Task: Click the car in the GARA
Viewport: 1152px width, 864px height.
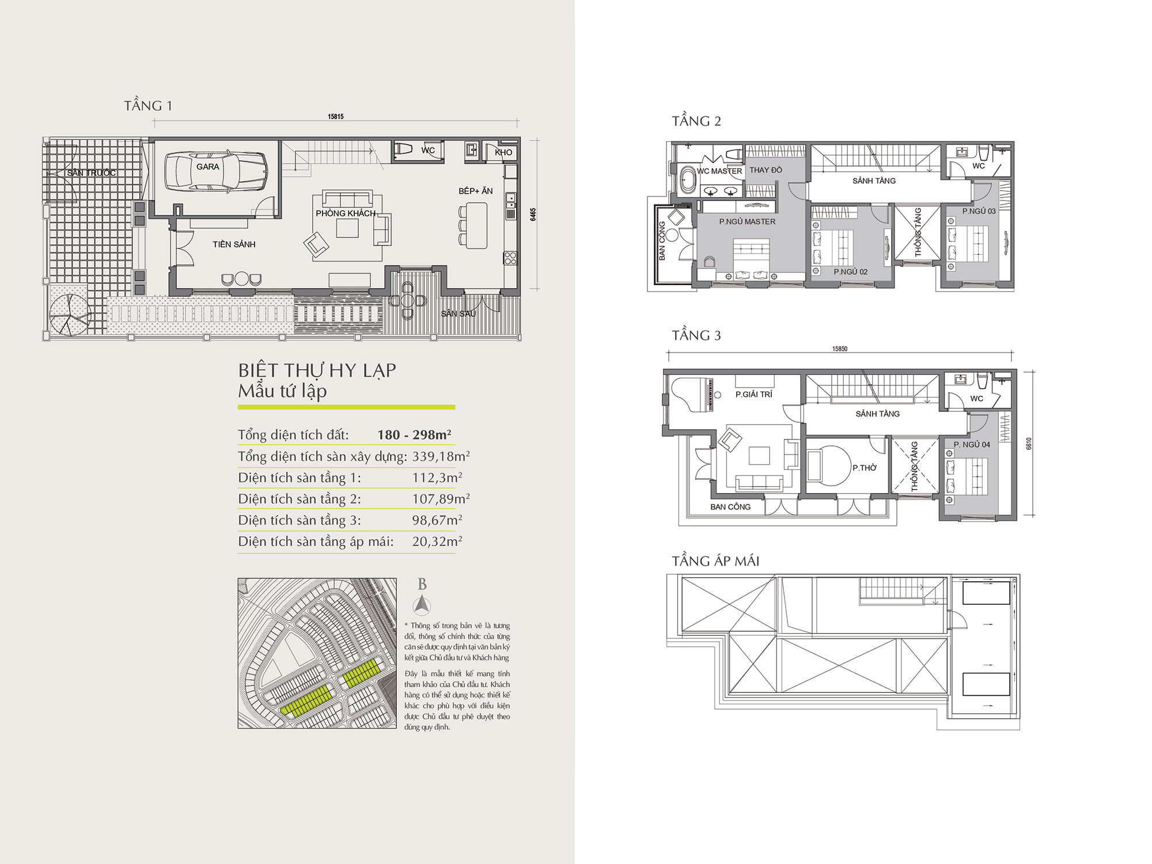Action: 216,170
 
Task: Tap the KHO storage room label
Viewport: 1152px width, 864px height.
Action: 503,153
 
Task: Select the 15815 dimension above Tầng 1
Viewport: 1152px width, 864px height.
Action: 336,116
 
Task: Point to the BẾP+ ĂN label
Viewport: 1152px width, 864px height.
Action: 476,191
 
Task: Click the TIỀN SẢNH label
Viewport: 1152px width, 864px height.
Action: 234,244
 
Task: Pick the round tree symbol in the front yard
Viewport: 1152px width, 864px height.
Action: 70,314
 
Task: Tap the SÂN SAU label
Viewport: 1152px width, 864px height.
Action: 458,313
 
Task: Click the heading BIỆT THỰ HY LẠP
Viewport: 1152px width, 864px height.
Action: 317,370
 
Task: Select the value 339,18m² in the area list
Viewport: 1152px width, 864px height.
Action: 441,456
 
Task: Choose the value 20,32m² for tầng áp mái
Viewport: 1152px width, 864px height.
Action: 437,541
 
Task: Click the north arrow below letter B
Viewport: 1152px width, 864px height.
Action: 422,605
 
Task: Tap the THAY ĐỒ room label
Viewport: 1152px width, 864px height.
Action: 766,170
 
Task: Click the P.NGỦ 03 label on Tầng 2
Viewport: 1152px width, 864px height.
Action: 979,211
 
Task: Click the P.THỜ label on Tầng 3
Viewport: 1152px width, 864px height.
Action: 865,468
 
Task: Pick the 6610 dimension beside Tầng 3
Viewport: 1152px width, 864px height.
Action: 1029,444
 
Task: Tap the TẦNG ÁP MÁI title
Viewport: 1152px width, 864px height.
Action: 715,561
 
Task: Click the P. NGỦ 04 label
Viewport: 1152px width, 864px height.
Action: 972,445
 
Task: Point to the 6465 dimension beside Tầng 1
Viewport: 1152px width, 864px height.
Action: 533,214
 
